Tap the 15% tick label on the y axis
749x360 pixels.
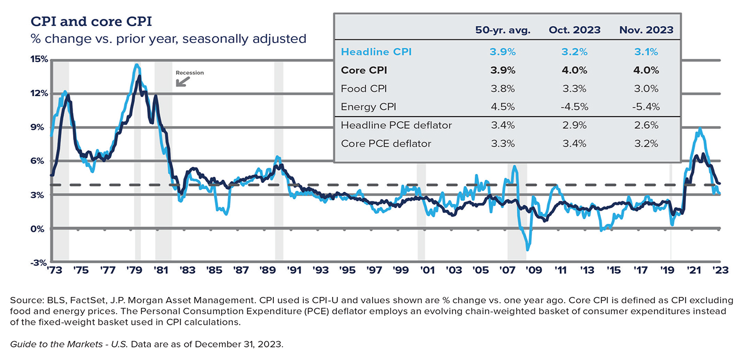(x=39, y=59)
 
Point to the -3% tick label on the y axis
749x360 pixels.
(x=39, y=263)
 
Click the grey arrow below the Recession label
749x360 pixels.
(x=183, y=81)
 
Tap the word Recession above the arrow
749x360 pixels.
(x=189, y=73)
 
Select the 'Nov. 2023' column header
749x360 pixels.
(x=646, y=30)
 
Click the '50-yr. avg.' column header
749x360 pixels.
(x=502, y=30)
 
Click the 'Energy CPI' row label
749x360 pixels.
(x=366, y=107)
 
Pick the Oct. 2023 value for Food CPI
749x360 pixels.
(x=574, y=88)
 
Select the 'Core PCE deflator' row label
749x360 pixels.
(x=386, y=143)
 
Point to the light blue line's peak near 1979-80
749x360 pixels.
(x=137, y=65)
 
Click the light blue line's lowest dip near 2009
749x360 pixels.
(x=528, y=250)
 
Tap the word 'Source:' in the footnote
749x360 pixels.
(x=25, y=300)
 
